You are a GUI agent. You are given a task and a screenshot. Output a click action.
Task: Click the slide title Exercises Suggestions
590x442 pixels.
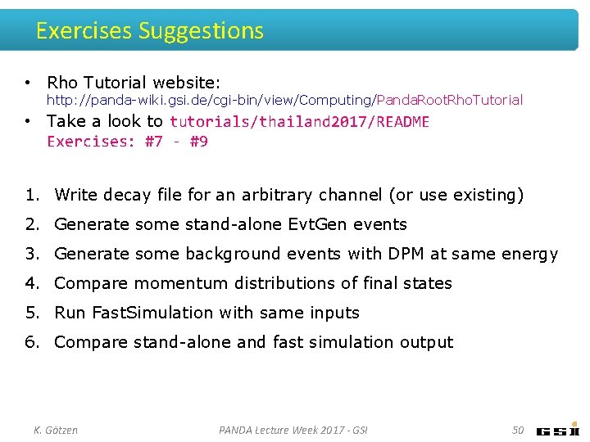point(150,31)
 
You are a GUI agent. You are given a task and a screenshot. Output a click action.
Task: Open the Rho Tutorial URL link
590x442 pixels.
point(284,100)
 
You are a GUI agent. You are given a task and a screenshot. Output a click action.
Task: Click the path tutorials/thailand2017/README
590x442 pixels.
point(299,122)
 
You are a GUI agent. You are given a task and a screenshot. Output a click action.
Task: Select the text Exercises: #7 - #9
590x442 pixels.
point(127,142)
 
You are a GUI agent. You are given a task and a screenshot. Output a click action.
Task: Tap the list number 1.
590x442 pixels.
point(31,195)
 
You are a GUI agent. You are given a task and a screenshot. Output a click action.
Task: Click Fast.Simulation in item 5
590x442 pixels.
point(132,313)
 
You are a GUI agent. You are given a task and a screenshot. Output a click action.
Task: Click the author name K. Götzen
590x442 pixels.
point(55,430)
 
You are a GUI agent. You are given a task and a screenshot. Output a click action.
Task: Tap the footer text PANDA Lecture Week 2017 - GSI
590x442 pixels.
point(293,430)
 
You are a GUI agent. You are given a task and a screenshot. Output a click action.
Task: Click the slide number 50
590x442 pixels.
point(517,430)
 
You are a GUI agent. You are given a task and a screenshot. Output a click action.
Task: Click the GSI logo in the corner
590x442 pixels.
point(558,430)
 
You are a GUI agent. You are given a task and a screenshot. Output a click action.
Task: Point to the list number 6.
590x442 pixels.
point(31,342)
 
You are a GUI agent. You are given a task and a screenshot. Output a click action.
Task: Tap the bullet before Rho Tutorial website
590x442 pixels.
point(28,83)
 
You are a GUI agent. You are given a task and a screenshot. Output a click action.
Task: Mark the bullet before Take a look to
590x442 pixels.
point(28,121)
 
